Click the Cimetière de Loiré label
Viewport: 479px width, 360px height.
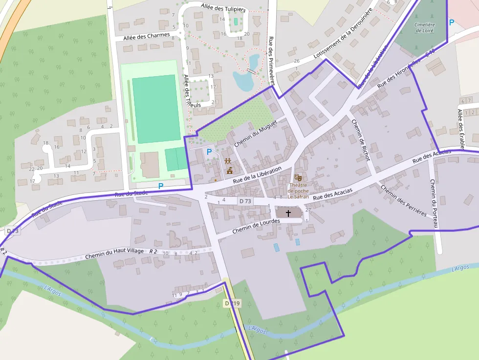pos(425,27)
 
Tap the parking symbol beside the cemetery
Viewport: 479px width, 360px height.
pos(451,22)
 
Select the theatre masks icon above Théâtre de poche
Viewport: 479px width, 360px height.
pos(298,178)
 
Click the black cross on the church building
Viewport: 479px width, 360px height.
pos(288,213)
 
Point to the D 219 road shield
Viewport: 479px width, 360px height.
pos(233,303)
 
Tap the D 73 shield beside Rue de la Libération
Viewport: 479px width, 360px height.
pos(245,201)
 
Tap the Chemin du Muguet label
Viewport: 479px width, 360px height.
pos(255,133)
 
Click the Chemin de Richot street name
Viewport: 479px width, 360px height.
pos(361,140)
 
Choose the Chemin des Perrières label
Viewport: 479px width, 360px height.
pos(403,201)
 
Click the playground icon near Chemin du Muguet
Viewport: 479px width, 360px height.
pos(228,161)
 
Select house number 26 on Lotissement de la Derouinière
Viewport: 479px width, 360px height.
pos(297,61)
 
